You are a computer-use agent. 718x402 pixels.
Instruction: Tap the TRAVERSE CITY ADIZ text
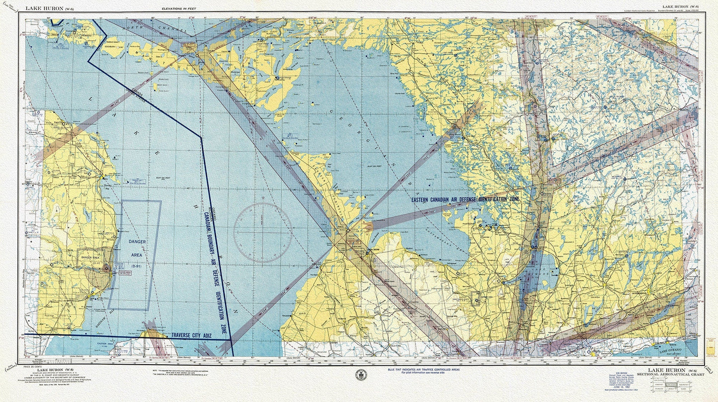pos(191,336)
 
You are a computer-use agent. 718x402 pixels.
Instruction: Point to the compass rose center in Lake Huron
pos(262,232)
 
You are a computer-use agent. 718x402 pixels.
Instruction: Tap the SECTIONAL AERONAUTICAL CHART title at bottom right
pos(673,374)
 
